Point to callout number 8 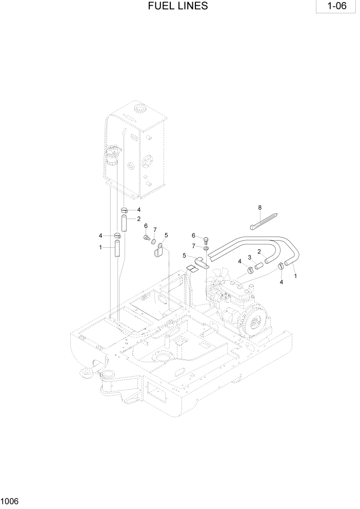pos(260,207)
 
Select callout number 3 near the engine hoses pos(250,257)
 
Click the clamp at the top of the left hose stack pos(125,210)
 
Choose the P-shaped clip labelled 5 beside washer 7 pos(158,250)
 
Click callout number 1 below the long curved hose pos(295,276)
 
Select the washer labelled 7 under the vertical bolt pos(206,248)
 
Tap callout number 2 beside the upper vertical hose pos(138,219)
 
